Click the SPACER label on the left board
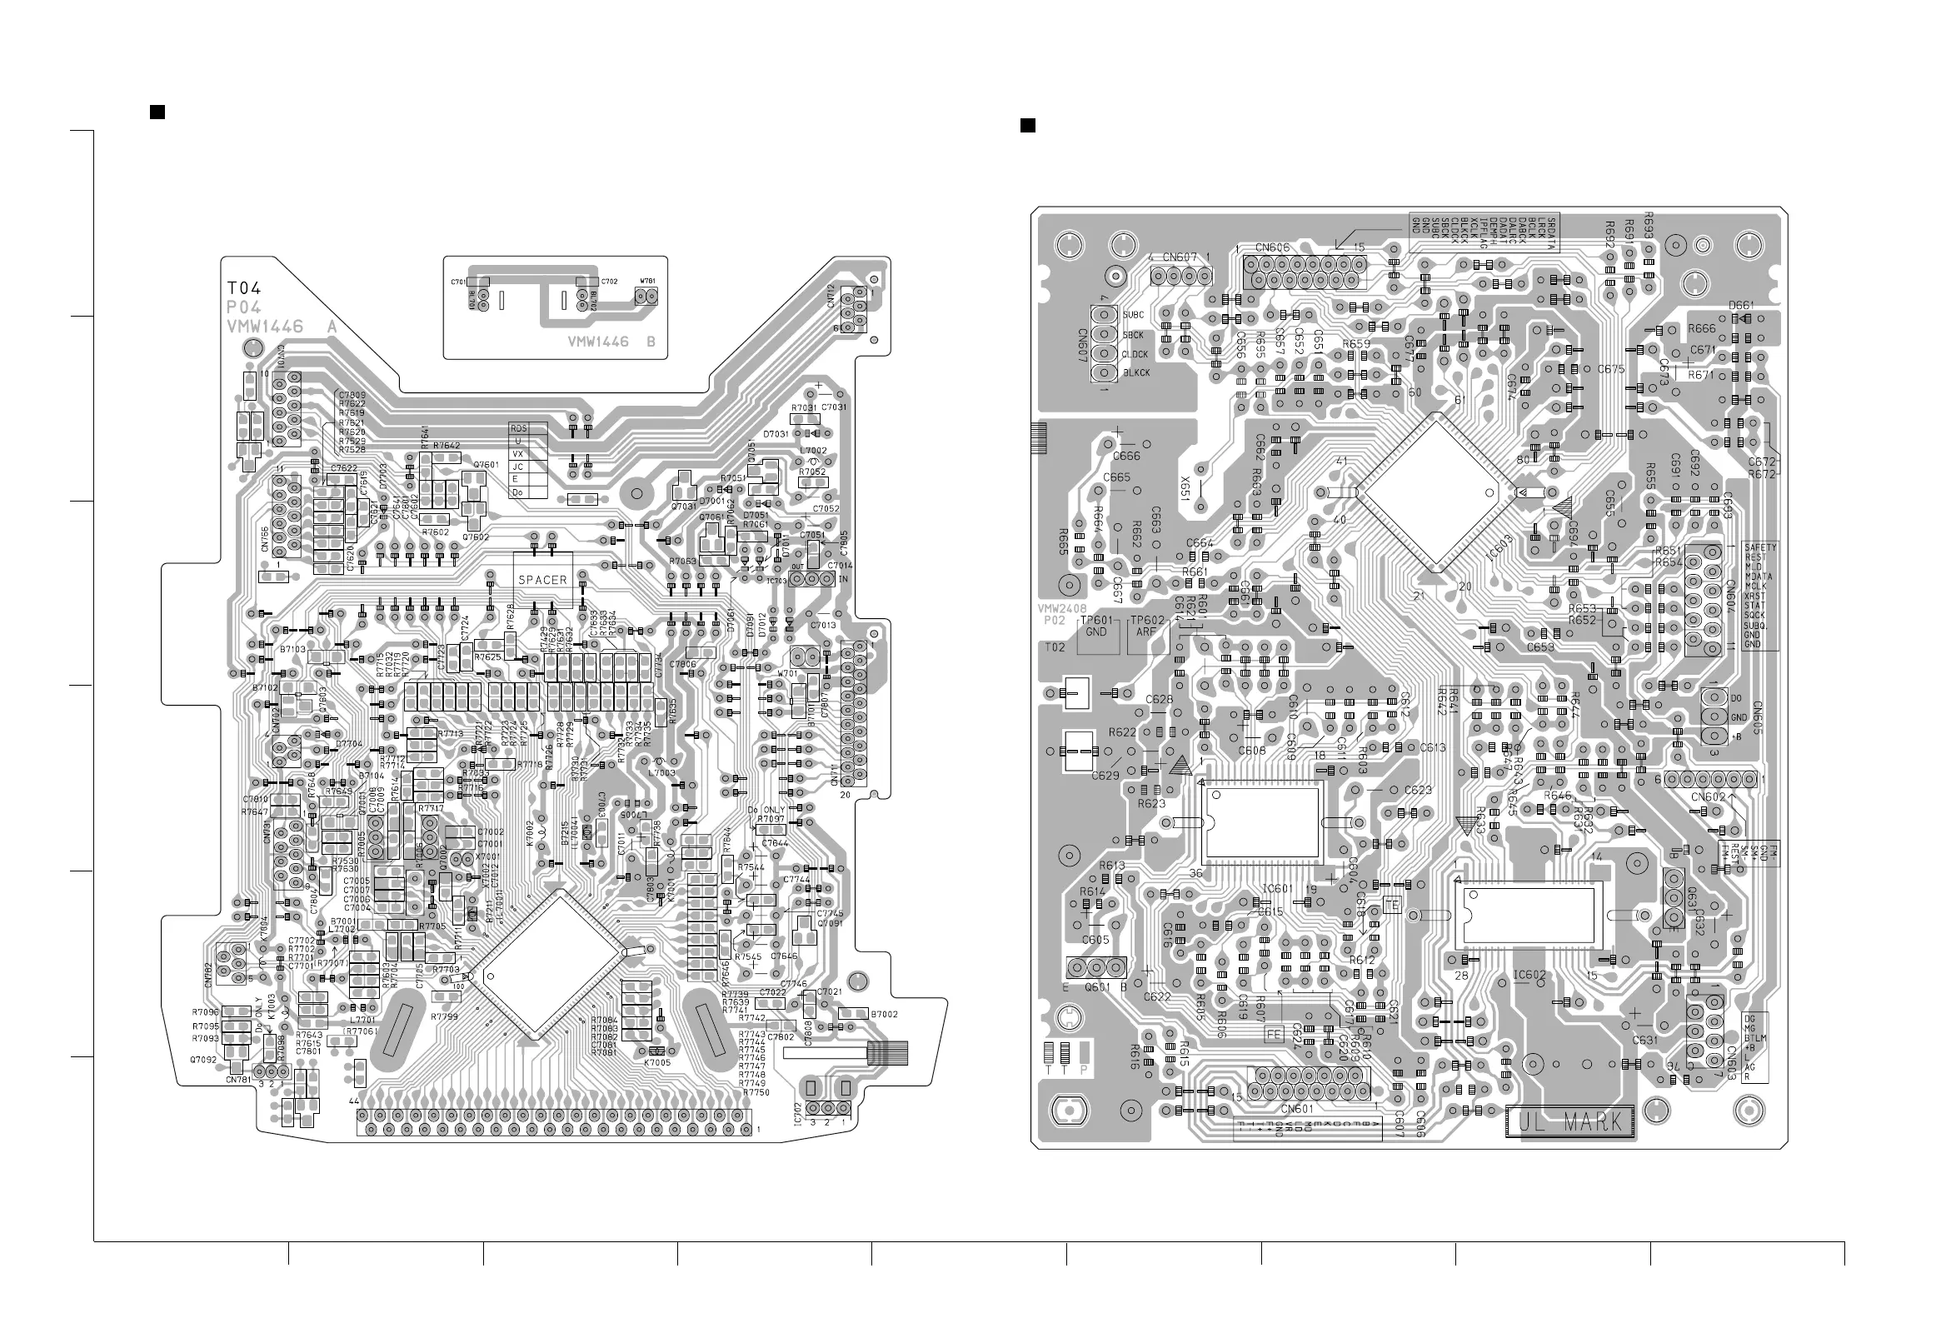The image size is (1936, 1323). coord(542,580)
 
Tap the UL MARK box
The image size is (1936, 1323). coord(1570,1122)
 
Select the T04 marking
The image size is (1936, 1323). coord(244,288)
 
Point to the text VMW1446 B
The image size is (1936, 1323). coord(611,342)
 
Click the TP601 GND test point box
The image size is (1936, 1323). coord(1096,626)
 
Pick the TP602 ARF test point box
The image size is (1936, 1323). coord(1147,626)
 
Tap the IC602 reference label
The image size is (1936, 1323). coord(1529,975)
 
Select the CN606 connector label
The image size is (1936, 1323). coord(1272,247)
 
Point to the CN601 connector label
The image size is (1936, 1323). coord(1297,1109)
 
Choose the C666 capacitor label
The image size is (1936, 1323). coord(1126,456)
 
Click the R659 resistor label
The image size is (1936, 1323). coord(1356,344)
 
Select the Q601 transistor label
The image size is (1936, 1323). coord(1096,988)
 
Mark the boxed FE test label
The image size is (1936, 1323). coord(1274,1034)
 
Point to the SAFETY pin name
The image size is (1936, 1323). coord(1760,547)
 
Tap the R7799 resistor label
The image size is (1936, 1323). coord(445,1016)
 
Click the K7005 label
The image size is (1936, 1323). coord(656,1062)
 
